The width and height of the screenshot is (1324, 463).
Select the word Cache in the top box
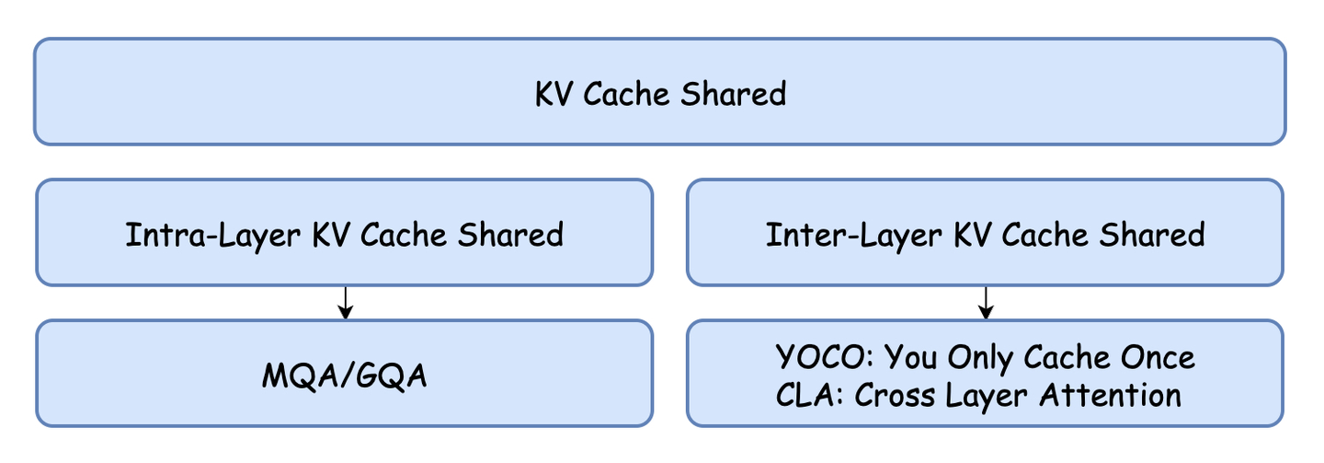pyautogui.click(x=633, y=94)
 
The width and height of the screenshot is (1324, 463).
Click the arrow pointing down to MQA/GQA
pyautogui.click(x=345, y=303)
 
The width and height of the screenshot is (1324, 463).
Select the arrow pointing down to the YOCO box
pyautogui.click(x=986, y=303)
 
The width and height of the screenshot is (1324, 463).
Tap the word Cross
pyautogui.click(x=897, y=395)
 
